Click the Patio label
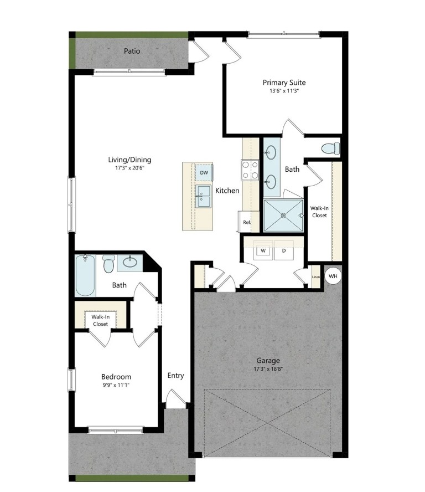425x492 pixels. click(x=132, y=51)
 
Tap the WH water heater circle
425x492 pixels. click(x=333, y=276)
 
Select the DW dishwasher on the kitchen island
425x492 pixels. click(x=204, y=172)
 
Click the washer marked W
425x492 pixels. click(x=263, y=250)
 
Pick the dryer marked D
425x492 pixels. click(x=284, y=250)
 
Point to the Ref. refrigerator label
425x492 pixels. click(x=247, y=222)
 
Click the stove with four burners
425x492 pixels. click(x=250, y=170)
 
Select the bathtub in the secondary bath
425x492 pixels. click(x=85, y=275)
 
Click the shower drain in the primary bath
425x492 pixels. click(x=284, y=216)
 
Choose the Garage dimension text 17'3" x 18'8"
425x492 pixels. click(x=268, y=369)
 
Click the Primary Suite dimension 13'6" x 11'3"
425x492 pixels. click(x=284, y=91)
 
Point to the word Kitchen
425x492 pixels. click(x=227, y=191)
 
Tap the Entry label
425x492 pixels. click(x=175, y=376)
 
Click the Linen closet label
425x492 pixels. click(x=316, y=277)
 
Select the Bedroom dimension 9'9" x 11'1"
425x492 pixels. click(x=116, y=385)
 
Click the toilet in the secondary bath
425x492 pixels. click(x=109, y=264)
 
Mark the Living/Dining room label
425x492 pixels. click(x=129, y=160)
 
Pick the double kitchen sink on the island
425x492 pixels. click(x=203, y=197)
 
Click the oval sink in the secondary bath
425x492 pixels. click(x=129, y=262)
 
